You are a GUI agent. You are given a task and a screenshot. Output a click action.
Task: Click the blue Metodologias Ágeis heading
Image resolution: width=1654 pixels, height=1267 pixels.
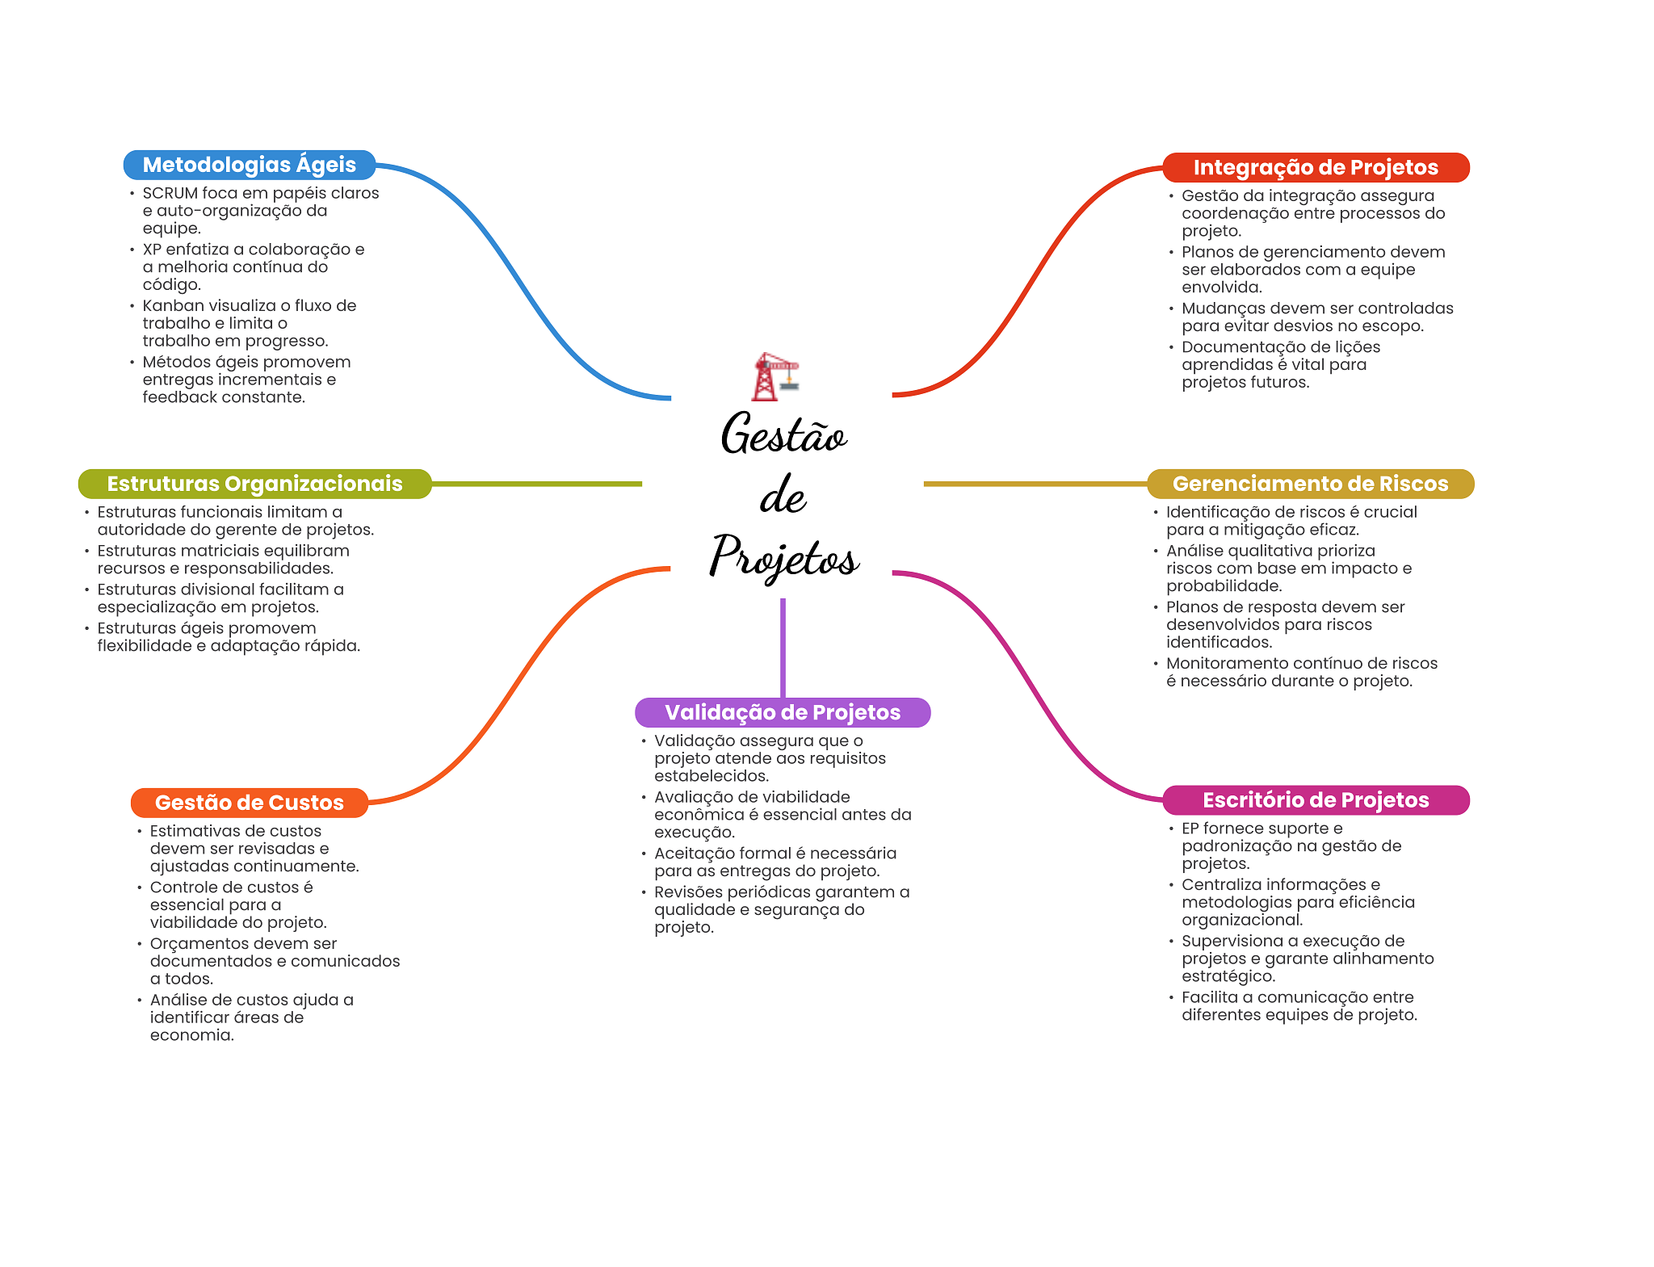(249, 165)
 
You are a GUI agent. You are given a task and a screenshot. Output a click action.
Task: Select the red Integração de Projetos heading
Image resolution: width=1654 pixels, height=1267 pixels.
(1315, 167)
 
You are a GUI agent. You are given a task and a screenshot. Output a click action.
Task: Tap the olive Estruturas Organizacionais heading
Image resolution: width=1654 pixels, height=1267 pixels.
(254, 484)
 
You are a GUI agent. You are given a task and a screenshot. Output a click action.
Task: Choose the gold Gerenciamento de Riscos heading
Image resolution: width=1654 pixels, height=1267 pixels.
(1310, 484)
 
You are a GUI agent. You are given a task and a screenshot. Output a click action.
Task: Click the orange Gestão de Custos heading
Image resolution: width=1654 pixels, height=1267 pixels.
(249, 803)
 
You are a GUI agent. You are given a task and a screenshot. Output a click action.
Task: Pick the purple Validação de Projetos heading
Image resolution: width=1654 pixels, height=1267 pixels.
(782, 712)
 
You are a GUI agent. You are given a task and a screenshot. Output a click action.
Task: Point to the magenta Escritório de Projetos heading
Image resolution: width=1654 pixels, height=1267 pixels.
(1315, 800)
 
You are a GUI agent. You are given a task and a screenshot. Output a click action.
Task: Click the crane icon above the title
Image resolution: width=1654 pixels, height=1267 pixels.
(775, 376)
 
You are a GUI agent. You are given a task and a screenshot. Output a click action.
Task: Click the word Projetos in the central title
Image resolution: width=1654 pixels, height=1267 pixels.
(783, 557)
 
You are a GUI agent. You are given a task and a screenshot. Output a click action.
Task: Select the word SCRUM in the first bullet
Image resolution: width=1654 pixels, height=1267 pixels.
(170, 193)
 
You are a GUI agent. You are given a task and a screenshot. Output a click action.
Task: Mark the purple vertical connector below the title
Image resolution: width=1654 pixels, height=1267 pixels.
(783, 646)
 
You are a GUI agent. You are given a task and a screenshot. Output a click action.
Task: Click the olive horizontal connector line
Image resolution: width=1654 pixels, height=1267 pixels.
(537, 484)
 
